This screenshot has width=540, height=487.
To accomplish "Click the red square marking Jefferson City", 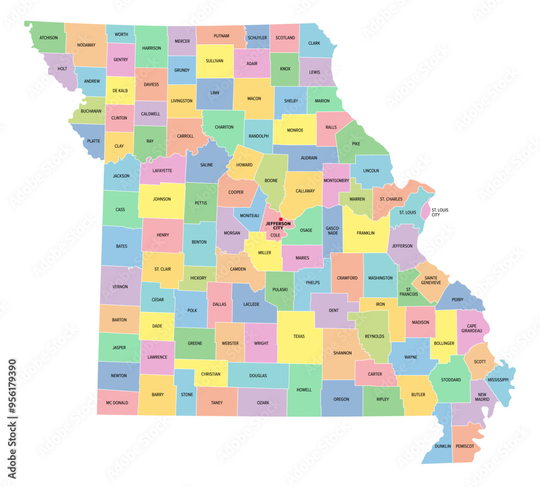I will tap(280, 219).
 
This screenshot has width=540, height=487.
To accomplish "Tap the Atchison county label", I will tap(49, 38).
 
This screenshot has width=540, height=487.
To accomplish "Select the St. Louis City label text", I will tap(440, 212).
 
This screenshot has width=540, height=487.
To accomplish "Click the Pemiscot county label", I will tap(464, 446).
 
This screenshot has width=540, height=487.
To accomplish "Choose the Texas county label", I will tap(299, 336).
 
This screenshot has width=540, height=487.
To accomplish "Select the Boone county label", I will tap(271, 181).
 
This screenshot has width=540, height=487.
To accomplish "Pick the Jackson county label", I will tap(121, 176).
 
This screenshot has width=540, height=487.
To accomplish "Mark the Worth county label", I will tap(122, 35).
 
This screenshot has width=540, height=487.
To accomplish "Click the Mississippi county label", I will tap(498, 379).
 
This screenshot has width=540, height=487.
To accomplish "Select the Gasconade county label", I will tap(332, 231).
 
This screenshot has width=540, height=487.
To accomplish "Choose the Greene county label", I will tap(195, 343).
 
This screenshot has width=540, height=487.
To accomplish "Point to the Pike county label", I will tap(356, 144).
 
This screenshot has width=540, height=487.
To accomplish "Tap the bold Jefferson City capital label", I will tap(278, 226).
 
